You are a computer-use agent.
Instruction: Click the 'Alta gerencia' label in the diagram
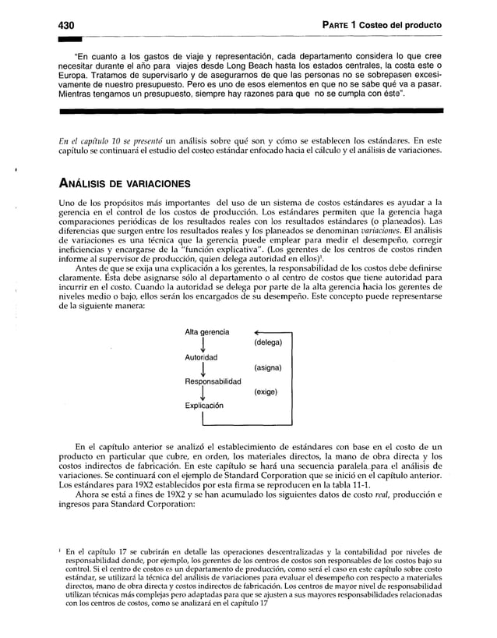tap(206, 332)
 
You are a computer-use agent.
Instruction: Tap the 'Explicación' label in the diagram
tap(206, 406)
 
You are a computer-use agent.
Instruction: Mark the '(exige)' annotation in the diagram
tap(267, 393)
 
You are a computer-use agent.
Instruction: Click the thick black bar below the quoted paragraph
tap(249, 113)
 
